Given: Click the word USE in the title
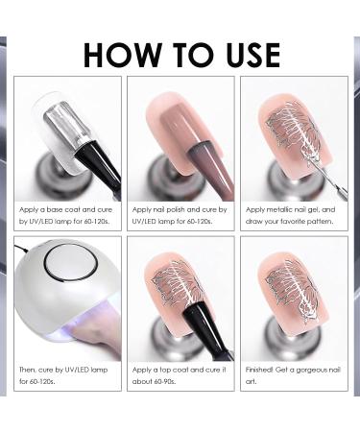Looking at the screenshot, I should pos(244,55).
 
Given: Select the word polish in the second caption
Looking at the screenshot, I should pos(183,208).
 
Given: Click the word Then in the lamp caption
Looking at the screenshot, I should pos(30,369).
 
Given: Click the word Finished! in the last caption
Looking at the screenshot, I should pos(263,369).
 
